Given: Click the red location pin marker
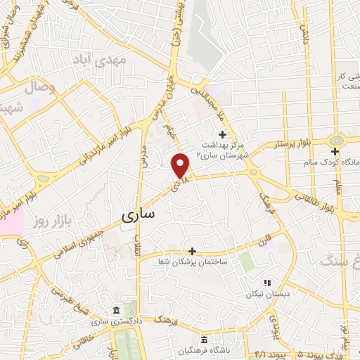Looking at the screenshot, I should pyautogui.click(x=181, y=165).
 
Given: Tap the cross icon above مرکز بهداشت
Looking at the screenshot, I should pyautogui.click(x=223, y=134).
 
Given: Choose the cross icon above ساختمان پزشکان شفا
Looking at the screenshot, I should pyautogui.click(x=191, y=251).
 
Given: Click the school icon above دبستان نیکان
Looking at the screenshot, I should pyautogui.click(x=266, y=283).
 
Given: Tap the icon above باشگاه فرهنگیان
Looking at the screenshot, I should pyautogui.click(x=204, y=339).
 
